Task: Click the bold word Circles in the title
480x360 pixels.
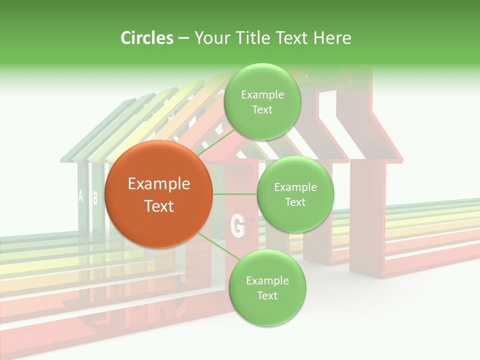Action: point(147,37)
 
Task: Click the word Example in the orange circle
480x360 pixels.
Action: point(159,184)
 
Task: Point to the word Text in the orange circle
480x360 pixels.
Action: point(159,206)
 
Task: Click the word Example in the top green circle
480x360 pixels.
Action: point(262,94)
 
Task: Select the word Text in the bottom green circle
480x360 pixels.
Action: point(267,295)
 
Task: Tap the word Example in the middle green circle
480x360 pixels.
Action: point(295,187)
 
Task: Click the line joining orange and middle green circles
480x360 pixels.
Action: point(235,194)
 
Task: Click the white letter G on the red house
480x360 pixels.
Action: point(237,225)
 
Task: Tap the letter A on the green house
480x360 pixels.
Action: point(80,195)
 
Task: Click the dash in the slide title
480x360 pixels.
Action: point(183,38)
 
